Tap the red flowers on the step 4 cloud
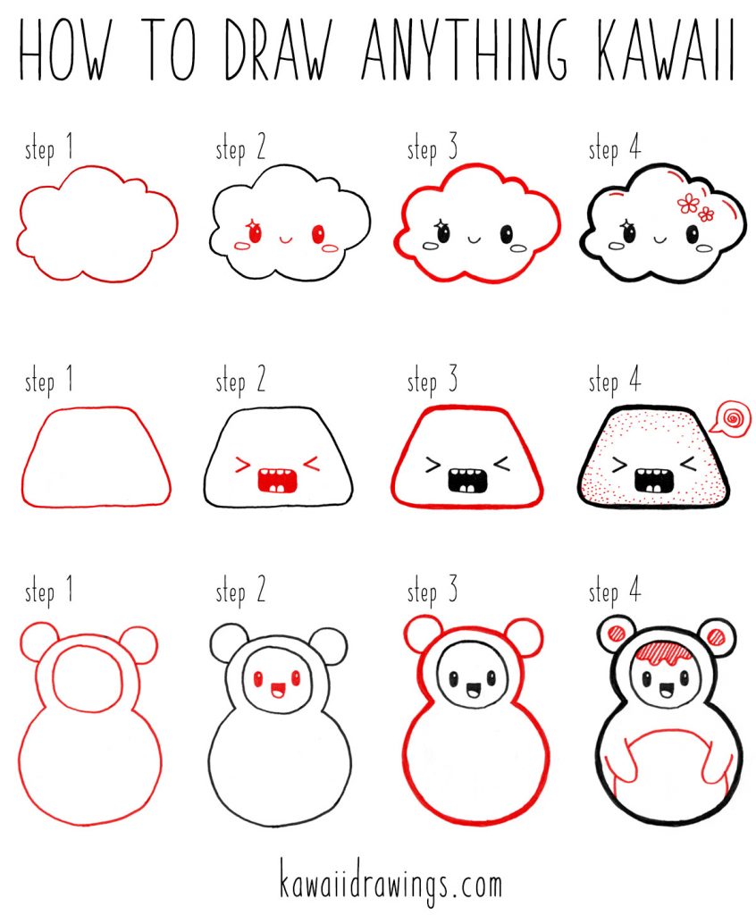[695, 207]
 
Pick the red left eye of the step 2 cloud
[254, 234]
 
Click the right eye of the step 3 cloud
[507, 235]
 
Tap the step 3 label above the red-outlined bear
[433, 592]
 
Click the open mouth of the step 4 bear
[661, 690]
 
